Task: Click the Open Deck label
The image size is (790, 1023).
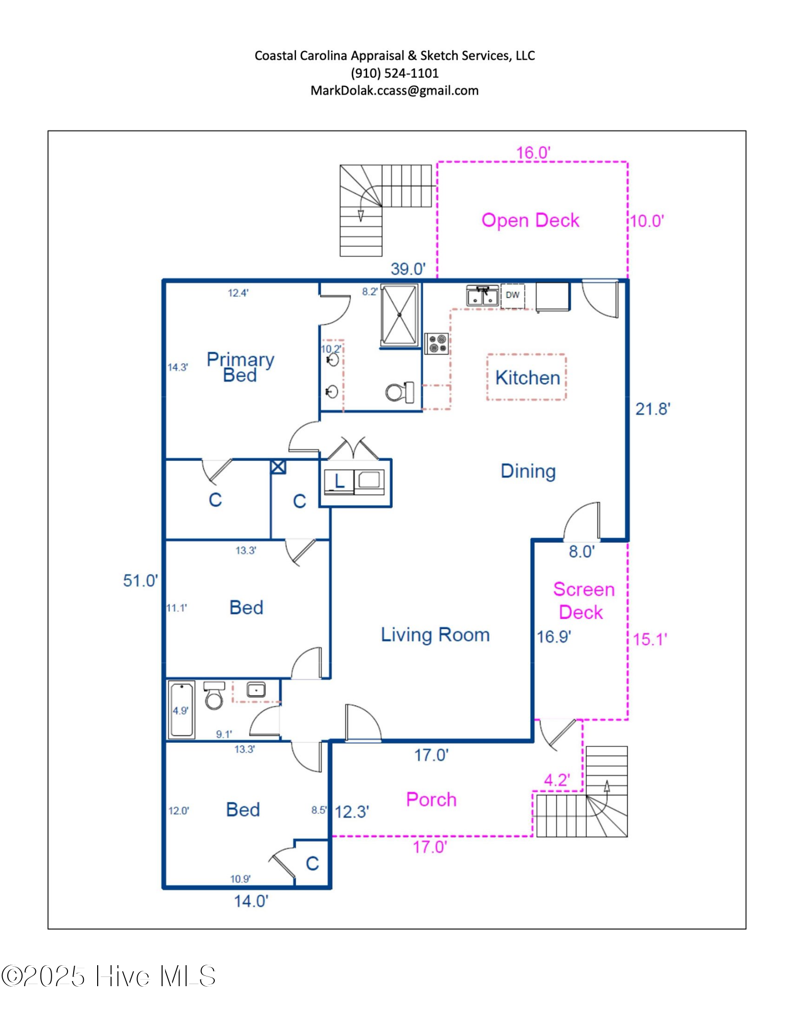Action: (x=530, y=220)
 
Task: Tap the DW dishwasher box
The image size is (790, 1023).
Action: (x=512, y=295)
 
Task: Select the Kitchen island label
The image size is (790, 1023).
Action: (x=527, y=377)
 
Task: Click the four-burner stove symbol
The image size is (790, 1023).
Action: (x=437, y=343)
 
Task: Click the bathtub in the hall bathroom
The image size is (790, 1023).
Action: (x=181, y=710)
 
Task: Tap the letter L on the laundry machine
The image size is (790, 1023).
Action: (x=339, y=481)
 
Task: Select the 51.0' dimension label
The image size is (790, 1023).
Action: (x=140, y=581)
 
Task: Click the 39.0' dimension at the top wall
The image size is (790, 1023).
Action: (x=408, y=269)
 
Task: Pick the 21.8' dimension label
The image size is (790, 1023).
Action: (x=652, y=409)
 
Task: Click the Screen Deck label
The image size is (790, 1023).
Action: (x=583, y=601)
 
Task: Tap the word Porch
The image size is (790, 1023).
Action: (x=431, y=799)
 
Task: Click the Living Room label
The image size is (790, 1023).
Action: (x=435, y=635)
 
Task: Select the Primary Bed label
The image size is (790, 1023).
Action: (x=240, y=367)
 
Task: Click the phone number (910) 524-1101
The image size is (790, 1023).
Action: (x=394, y=73)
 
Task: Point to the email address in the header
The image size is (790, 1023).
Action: (x=394, y=91)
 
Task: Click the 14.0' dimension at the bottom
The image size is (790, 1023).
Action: (x=251, y=901)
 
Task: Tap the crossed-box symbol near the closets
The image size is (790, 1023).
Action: (x=278, y=466)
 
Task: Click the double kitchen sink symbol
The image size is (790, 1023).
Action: (x=482, y=296)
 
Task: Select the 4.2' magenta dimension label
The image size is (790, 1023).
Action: (x=556, y=780)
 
